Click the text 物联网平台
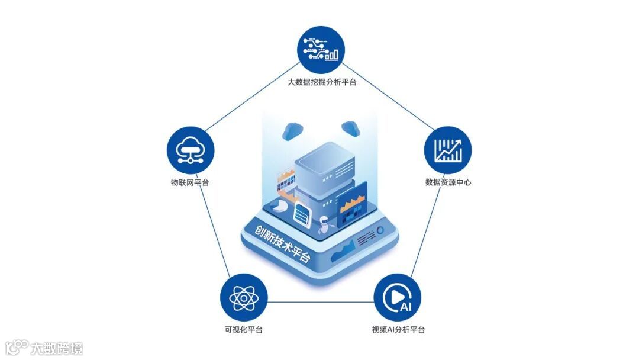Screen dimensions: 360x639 coord(189,182)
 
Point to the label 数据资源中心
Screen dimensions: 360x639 coord(448,182)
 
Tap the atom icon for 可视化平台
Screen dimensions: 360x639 coord(243,297)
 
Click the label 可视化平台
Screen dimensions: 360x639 coord(243,330)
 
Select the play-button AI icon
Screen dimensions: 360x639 coord(397,297)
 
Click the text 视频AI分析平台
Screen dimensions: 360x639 coord(398,330)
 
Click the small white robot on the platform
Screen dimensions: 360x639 coord(324,225)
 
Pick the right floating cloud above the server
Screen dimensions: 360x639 coord(350,127)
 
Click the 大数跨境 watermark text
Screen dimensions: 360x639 coord(57,348)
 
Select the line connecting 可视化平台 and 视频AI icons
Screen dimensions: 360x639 coord(320,302)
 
